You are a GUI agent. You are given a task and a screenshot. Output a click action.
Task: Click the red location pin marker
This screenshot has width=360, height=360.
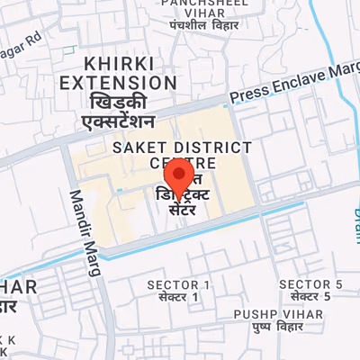click(x=182, y=175)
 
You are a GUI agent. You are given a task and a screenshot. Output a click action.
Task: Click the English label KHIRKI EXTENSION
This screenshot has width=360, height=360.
click(x=117, y=74)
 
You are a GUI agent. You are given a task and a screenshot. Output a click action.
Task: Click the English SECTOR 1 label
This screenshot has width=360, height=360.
click(x=178, y=284)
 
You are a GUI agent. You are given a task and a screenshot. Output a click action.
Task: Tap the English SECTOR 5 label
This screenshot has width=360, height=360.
click(x=310, y=284)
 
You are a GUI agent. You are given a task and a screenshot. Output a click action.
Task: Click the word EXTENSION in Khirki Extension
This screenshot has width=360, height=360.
click(x=117, y=83)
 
